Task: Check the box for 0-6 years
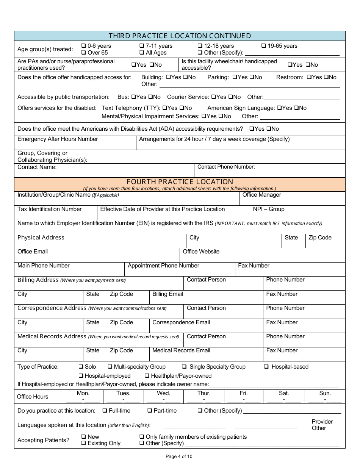[84, 46]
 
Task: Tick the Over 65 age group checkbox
[84, 53]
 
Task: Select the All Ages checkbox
[142, 53]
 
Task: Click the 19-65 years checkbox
[264, 46]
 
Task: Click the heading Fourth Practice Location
[180, 182]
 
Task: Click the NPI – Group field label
[268, 209]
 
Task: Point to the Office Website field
[262, 255]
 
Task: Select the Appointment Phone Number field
[179, 269]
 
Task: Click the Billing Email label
[167, 294]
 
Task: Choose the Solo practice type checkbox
[81, 367]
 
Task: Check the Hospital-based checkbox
[266, 367]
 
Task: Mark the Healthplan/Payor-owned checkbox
[147, 376]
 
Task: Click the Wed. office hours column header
[163, 393]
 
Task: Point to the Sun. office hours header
[325, 393]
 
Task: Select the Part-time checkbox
[150, 411]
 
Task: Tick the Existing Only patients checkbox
[84, 443]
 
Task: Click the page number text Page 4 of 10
[179, 457]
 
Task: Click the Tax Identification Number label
[49, 209]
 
